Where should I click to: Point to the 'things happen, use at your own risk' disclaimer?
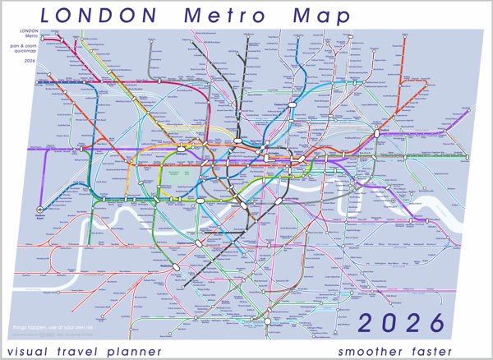click(x=49, y=327)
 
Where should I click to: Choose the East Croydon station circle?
click(x=271, y=318)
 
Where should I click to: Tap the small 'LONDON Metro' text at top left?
click(x=30, y=33)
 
